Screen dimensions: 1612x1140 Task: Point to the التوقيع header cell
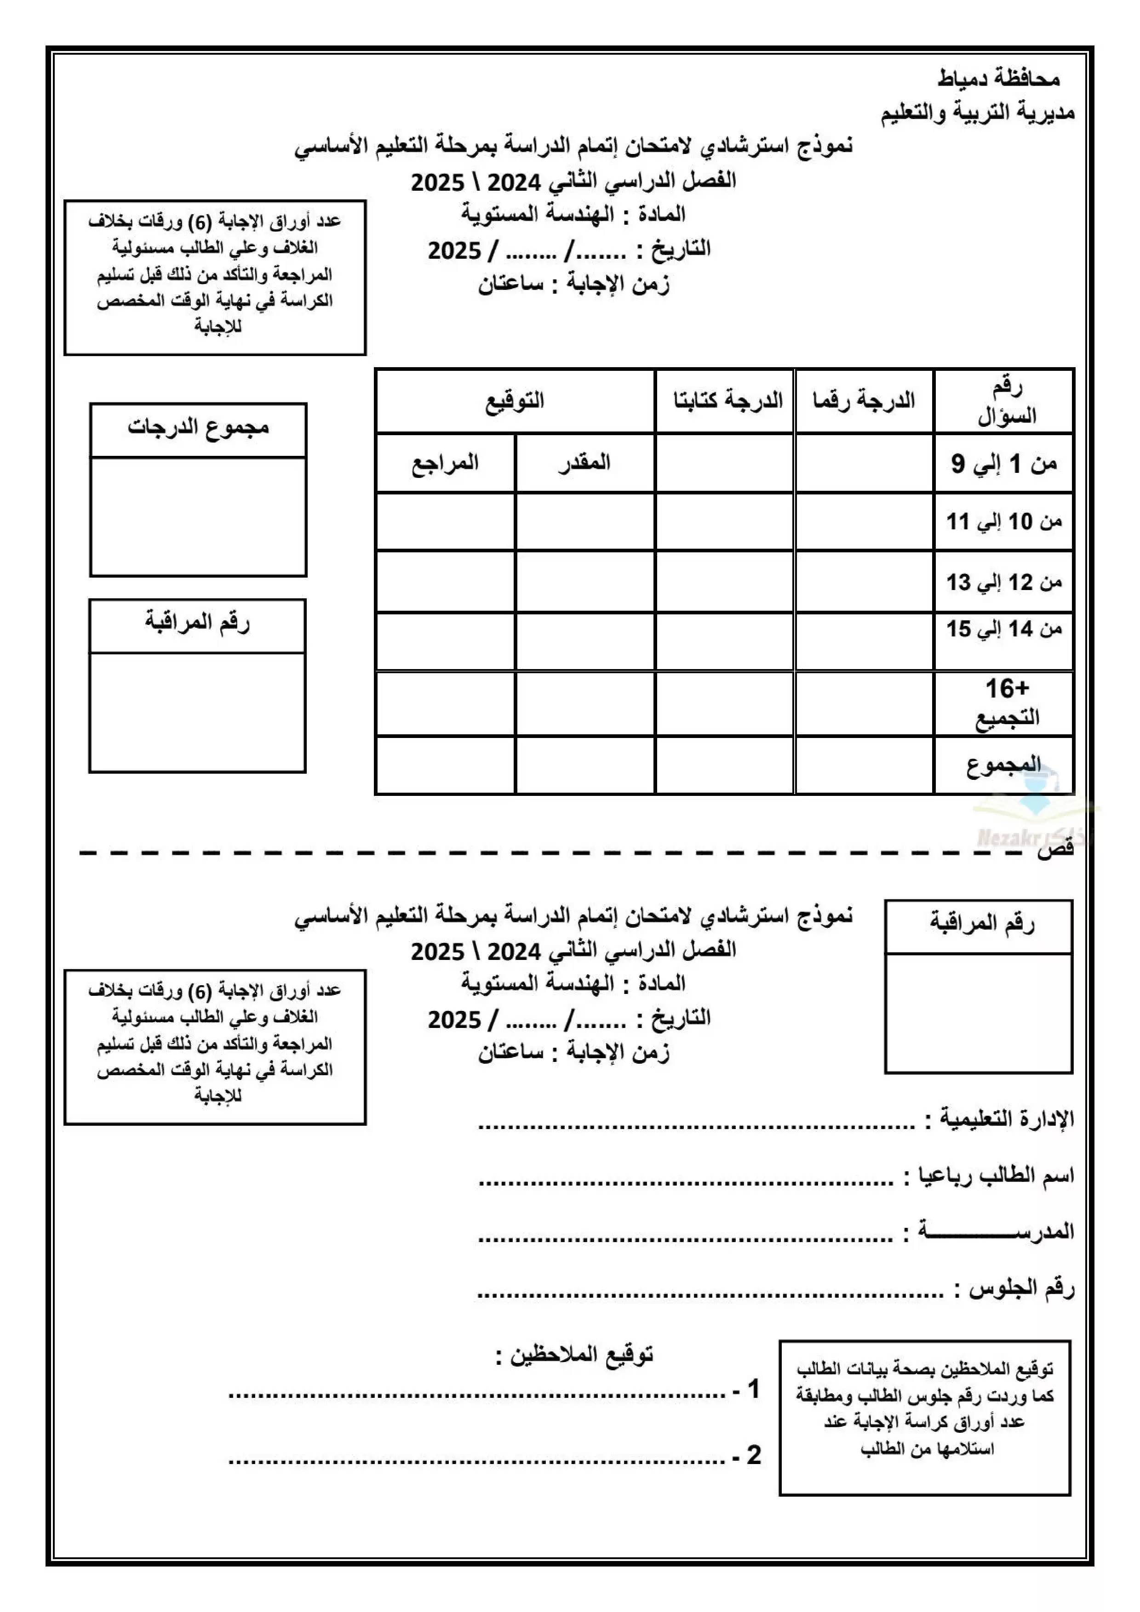pyautogui.click(x=515, y=401)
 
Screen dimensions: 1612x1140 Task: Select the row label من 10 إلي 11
pyautogui.click(x=1004, y=522)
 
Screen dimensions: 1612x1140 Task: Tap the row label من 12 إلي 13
pyautogui.click(x=1004, y=582)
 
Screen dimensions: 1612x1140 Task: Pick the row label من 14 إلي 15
pyautogui.click(x=1004, y=629)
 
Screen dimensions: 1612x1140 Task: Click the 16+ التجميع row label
pyautogui.click(x=1006, y=703)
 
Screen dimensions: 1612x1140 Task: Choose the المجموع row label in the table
pyautogui.click(x=1004, y=765)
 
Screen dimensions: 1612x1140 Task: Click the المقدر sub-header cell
pyautogui.click(x=584, y=463)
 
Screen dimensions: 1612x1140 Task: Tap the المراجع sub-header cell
pyautogui.click(x=445, y=463)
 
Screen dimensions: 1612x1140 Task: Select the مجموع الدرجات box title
pyautogui.click(x=198, y=427)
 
